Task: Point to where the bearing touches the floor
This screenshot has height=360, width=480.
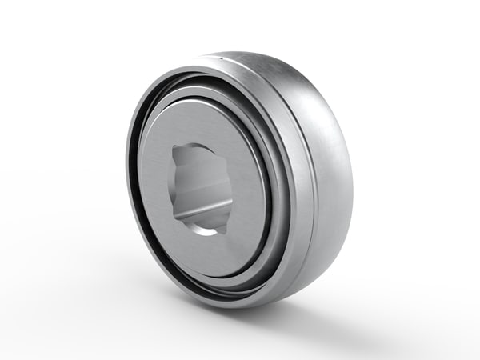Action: [240, 306]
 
